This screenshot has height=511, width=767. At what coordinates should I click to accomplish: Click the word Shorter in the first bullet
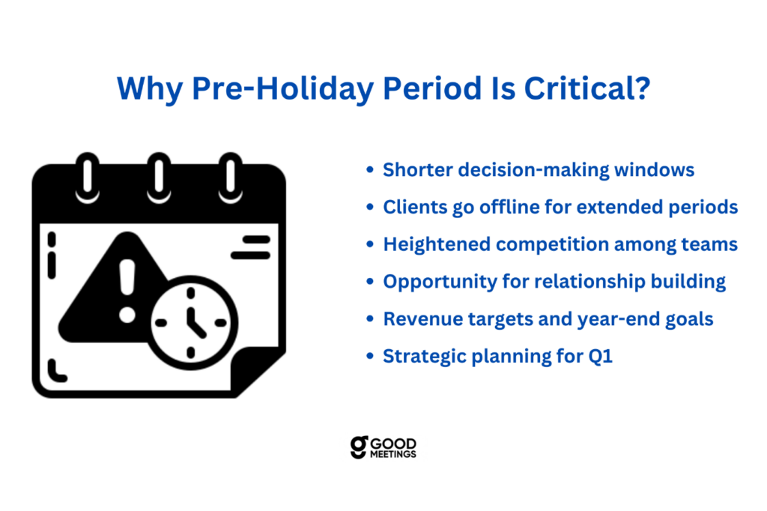418,170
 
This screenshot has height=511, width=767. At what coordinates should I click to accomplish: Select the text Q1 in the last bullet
600,357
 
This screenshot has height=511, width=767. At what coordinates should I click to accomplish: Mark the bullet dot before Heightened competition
370,244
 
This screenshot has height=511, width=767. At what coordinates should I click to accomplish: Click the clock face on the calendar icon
191,323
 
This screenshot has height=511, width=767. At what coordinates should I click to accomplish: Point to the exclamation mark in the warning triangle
127,291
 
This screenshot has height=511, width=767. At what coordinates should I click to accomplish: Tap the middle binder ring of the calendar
159,177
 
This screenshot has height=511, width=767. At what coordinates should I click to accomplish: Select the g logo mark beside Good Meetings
359,447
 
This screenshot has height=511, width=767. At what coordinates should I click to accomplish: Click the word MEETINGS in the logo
392,454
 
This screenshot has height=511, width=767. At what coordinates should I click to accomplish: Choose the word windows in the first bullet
654,170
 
